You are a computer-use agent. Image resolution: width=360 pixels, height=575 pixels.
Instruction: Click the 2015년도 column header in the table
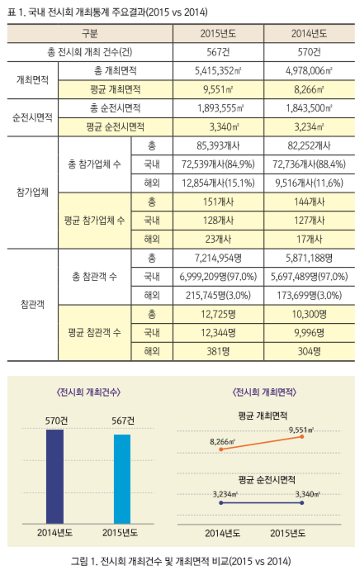tap(218, 34)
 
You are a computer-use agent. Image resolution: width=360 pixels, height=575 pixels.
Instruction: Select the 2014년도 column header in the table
tap(309, 34)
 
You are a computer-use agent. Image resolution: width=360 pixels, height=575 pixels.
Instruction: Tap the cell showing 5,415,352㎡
tap(218, 71)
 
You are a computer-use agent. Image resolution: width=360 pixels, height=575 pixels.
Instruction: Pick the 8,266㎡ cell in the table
tap(309, 89)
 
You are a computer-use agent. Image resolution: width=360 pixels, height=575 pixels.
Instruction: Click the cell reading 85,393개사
tap(218, 146)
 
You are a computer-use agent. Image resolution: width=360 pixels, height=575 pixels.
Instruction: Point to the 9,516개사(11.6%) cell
tap(309, 183)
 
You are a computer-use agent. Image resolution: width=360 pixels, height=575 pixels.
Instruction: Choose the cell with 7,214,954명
tap(218, 258)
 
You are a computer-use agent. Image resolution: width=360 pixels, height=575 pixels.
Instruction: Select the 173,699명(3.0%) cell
tap(309, 295)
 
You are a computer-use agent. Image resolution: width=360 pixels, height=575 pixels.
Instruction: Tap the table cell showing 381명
tap(218, 351)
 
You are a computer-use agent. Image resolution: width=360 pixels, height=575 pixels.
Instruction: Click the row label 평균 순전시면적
tap(115, 127)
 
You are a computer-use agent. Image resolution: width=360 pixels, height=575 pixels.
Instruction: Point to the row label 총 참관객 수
tap(95, 277)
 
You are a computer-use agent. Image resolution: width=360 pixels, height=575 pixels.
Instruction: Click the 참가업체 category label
tap(32, 192)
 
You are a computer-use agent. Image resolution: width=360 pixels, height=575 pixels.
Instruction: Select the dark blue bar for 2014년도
tap(55, 477)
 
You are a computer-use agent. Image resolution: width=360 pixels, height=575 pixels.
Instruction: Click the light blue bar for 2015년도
tap(122, 479)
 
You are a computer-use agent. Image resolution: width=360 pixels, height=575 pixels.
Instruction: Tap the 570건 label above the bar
tap(56, 421)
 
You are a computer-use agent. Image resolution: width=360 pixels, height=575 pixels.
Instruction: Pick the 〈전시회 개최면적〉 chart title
tap(264, 392)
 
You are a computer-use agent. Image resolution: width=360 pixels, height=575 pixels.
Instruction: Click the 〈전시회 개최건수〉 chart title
tap(88, 392)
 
